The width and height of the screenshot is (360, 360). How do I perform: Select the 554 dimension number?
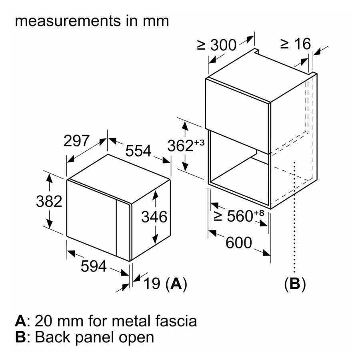tap(138, 151)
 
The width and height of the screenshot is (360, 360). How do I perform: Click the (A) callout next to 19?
tap(176, 284)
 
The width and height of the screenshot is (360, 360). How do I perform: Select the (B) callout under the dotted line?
tap(295, 284)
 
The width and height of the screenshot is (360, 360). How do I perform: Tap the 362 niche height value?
tap(180, 146)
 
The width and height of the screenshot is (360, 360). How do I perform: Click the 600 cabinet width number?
tap(239, 242)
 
